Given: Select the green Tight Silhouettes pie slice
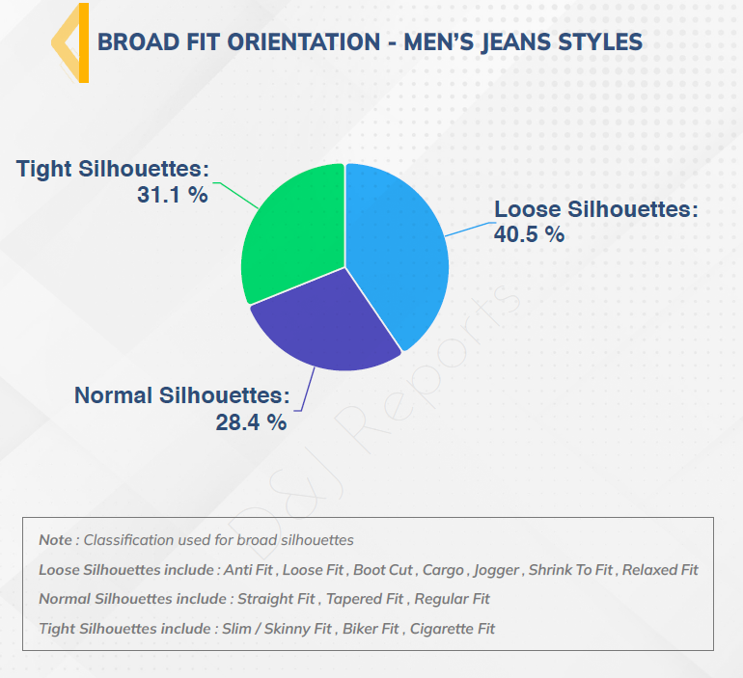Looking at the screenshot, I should [x=294, y=231].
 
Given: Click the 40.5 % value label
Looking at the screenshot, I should [x=529, y=233].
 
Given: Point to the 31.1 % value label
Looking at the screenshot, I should [x=173, y=194].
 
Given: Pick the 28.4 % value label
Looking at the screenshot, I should [x=251, y=421].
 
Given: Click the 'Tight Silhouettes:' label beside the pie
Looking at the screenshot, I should [x=113, y=169].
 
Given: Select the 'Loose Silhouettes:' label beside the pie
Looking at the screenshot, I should [x=595, y=209].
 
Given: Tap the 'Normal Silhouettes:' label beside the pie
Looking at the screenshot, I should [x=182, y=395].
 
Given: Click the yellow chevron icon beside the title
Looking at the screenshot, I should [x=70, y=42].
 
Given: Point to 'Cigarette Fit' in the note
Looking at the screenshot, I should [x=453, y=629].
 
